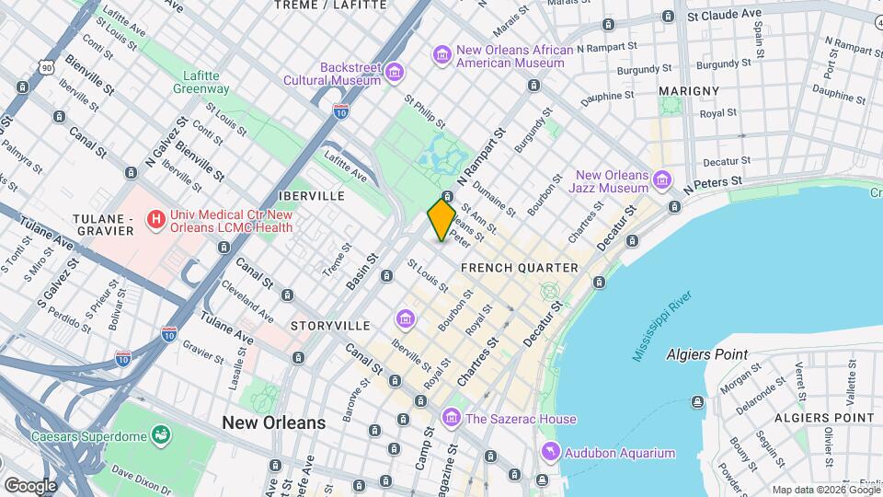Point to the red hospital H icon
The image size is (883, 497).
(x=156, y=220)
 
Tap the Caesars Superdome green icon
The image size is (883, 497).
(x=162, y=433)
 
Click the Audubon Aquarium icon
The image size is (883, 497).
(x=550, y=452)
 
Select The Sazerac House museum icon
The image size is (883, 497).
(x=451, y=419)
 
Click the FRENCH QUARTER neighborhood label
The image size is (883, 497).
(x=520, y=268)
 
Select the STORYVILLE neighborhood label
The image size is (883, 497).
(x=330, y=326)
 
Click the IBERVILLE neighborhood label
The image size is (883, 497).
(x=315, y=196)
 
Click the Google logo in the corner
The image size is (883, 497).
(x=29, y=485)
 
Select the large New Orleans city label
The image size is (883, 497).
(x=273, y=422)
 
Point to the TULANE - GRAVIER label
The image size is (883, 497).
(x=105, y=225)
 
